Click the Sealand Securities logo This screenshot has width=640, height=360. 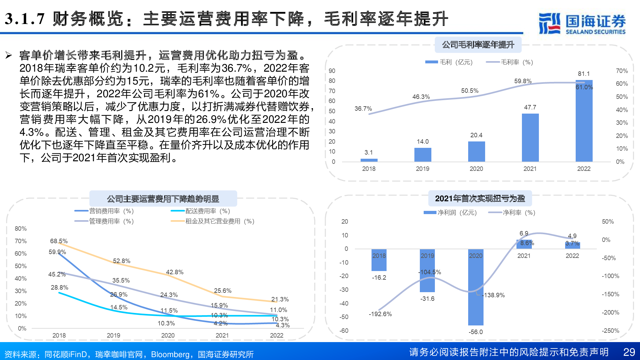tap(582, 23)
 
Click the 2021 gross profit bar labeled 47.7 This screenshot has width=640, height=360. tap(530, 138)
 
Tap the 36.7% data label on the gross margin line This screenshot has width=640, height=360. tap(363, 109)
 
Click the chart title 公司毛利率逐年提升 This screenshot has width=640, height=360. tap(478, 45)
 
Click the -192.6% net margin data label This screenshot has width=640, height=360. tap(380, 314)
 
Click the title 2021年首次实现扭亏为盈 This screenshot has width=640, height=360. tap(480, 198)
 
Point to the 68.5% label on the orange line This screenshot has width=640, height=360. tap(59, 241)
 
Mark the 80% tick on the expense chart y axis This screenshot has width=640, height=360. tap(21, 228)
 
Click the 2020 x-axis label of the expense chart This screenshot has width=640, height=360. tap(168, 335)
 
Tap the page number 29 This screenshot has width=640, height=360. tap(629, 352)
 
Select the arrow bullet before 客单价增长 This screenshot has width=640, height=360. tap(9, 55)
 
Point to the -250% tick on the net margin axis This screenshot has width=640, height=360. tap(610, 331)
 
